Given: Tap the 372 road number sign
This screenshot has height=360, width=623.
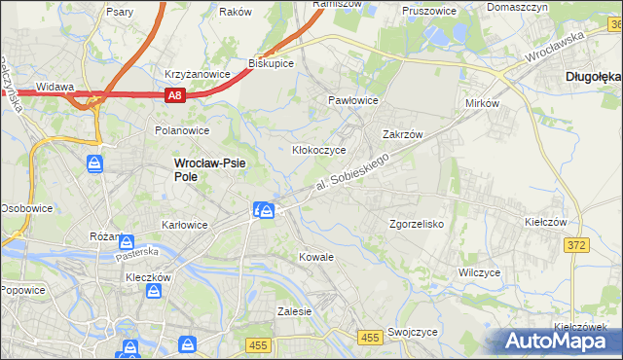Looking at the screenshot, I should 575,245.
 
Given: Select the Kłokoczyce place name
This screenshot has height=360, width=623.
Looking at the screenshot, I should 320,150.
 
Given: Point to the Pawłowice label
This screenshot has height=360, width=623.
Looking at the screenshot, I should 352,100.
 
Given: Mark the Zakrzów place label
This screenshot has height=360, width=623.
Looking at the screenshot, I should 401,135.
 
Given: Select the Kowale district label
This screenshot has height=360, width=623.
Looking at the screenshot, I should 316,257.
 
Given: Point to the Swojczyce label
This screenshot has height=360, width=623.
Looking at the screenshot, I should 411,331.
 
